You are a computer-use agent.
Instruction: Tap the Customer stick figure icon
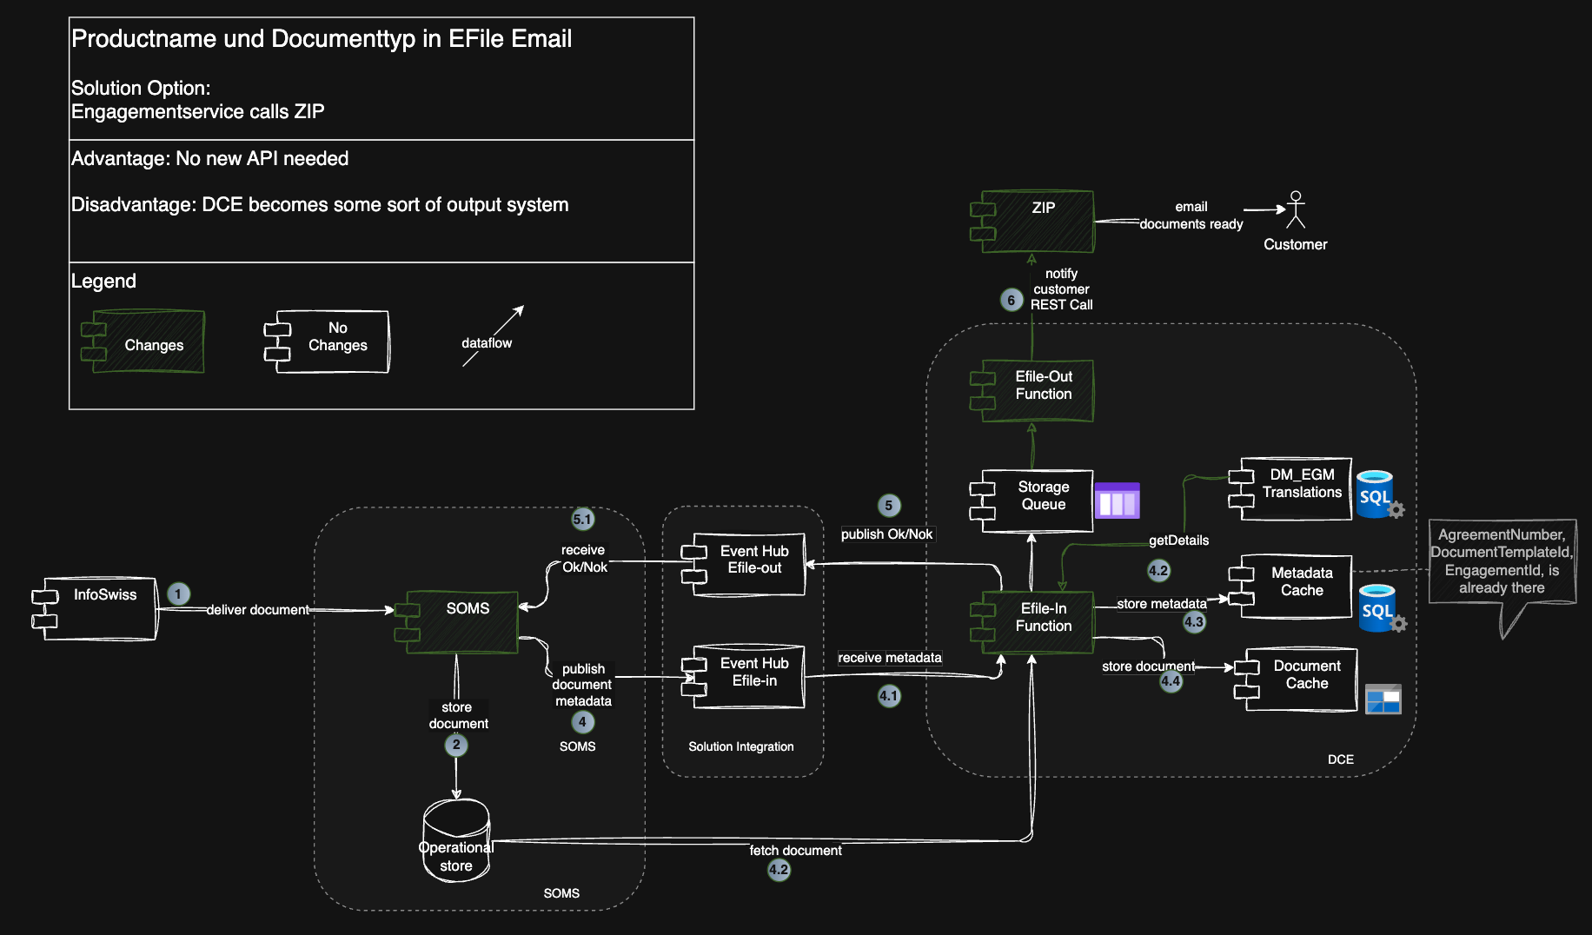coord(1296,209)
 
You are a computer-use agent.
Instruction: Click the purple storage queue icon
coord(1117,501)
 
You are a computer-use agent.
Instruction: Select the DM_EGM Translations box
coord(1294,488)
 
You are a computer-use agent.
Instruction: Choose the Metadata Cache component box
coord(1294,587)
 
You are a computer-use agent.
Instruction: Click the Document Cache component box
coord(1300,679)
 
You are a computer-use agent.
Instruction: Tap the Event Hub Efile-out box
coord(748,564)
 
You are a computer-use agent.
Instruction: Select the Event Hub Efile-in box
coord(748,676)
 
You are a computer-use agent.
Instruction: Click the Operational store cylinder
coord(456,841)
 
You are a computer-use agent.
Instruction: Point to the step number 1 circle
coord(178,593)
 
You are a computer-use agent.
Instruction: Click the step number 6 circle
coord(1011,300)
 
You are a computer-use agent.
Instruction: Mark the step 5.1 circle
coord(582,520)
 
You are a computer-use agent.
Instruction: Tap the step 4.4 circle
coord(1171,681)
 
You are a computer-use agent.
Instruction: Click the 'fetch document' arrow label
coord(795,851)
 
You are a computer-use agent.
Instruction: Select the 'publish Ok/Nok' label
coord(886,534)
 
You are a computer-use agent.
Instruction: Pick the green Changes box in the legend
coord(144,342)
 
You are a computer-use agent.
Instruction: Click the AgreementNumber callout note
coord(1502,561)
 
